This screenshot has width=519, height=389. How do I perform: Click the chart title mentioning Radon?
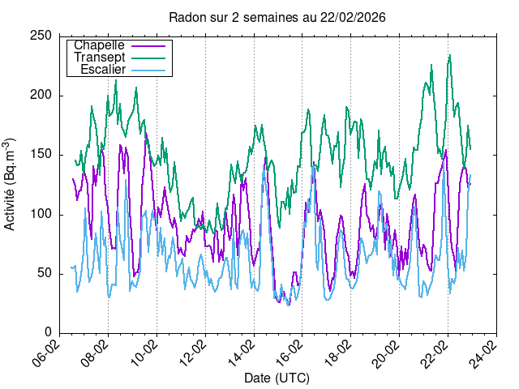click(x=277, y=17)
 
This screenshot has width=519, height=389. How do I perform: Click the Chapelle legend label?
click(x=99, y=45)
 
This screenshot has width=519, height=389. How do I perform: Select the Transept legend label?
click(x=99, y=58)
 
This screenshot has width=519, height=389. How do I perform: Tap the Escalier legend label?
click(x=103, y=70)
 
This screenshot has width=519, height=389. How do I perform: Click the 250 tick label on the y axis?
click(x=43, y=36)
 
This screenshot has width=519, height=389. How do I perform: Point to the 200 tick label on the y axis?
click(x=43, y=96)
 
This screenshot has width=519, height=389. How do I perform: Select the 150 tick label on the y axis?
click(x=43, y=155)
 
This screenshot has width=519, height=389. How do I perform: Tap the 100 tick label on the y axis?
click(x=43, y=214)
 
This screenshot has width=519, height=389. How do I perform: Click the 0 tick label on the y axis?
click(x=49, y=332)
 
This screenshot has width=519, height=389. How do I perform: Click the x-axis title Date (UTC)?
click(x=277, y=378)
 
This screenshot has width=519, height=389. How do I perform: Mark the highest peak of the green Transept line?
click(x=449, y=56)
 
